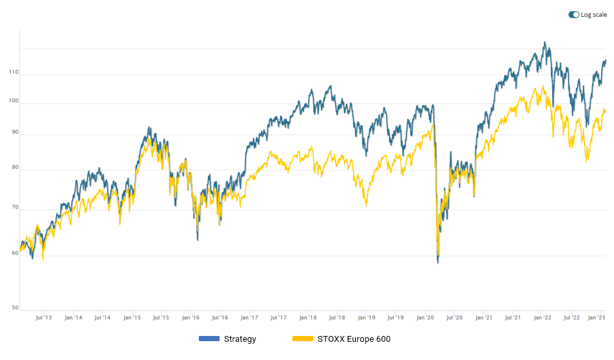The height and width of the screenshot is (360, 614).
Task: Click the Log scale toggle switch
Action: [574, 15]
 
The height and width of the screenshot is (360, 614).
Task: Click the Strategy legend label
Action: [240, 339]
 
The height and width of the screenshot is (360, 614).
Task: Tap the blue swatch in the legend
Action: [209, 339]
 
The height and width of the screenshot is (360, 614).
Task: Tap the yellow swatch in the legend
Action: [303, 339]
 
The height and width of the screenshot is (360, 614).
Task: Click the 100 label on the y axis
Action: [13, 101]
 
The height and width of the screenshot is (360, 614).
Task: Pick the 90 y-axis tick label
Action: [14, 132]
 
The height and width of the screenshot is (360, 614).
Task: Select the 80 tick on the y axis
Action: [14, 168]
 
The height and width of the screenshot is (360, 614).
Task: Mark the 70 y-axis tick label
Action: [14, 208]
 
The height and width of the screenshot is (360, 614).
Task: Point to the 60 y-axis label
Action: [14, 253]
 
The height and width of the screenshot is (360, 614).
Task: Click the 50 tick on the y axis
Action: [14, 308]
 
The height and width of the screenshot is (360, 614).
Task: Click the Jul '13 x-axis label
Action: [44, 318]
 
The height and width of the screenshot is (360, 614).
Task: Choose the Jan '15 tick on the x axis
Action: [132, 318]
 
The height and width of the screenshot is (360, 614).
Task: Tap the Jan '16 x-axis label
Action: [190, 318]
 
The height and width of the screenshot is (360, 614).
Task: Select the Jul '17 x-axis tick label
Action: [278, 318]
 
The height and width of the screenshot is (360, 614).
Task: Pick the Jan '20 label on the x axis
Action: [425, 318]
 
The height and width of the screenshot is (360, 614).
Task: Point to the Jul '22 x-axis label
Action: [572, 318]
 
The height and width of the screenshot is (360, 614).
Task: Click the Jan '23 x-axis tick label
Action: [597, 318]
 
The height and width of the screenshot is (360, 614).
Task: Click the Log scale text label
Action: [594, 15]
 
